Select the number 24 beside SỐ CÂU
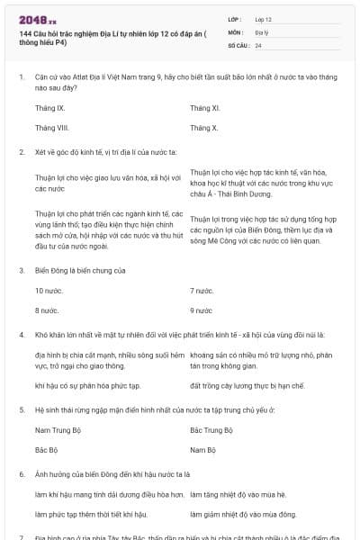pos(259,45)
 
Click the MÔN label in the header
pos(236,31)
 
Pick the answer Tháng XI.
pos(205,108)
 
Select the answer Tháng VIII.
pos(52,128)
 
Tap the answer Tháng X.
pos(204,128)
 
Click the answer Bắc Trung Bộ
pos(211,431)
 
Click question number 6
pos(21,473)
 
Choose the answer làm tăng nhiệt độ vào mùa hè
pos(237,495)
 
